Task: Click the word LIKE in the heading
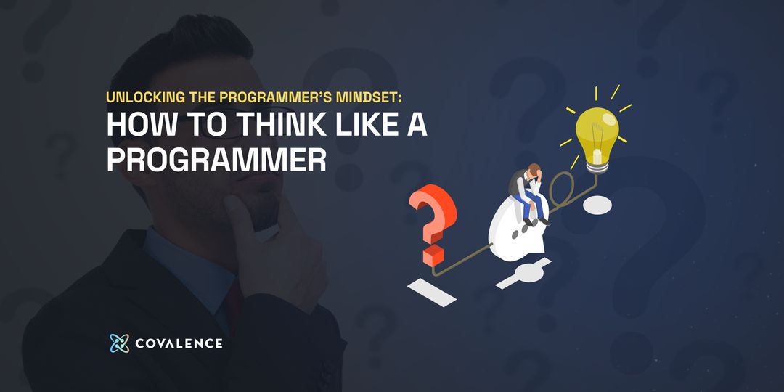point(350,126)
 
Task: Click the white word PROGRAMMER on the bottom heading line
point(216,160)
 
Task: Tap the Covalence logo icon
point(119,343)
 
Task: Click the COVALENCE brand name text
point(179,343)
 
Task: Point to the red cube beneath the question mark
point(434,255)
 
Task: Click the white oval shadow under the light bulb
point(601,205)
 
